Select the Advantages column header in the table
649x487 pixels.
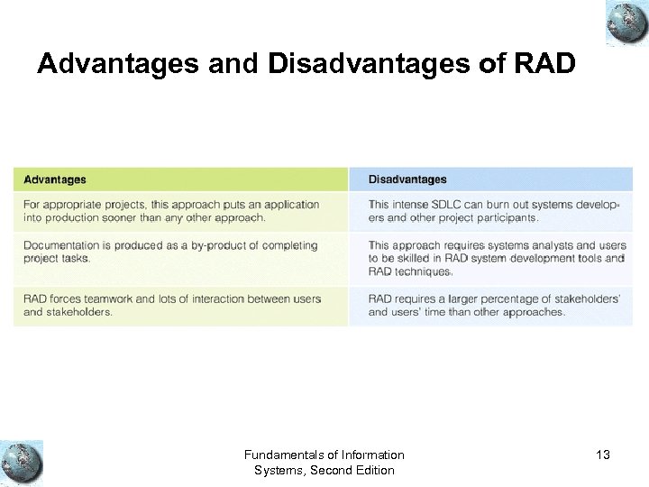(56, 179)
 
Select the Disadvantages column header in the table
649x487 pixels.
(407, 179)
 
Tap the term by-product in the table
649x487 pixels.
(222, 245)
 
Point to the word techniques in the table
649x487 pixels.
(423, 271)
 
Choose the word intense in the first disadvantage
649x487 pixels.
(412, 205)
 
